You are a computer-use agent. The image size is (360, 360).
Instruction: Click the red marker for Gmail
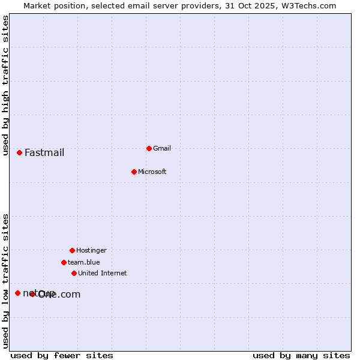(x=149, y=148)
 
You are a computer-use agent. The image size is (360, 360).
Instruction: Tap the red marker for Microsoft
(x=134, y=172)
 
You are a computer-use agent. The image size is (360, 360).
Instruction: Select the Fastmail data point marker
(x=19, y=152)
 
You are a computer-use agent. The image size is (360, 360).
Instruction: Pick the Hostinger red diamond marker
(x=72, y=250)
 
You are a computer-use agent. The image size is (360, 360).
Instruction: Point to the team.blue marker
(x=64, y=262)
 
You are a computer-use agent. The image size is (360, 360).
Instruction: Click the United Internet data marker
(x=74, y=273)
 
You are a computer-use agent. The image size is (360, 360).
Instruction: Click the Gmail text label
(x=162, y=148)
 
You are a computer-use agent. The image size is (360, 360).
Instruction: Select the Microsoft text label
(x=152, y=172)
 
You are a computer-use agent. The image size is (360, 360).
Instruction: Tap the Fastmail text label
(x=44, y=152)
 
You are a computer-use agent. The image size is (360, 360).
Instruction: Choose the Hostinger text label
(x=91, y=250)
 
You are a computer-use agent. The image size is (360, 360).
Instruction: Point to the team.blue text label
(x=84, y=262)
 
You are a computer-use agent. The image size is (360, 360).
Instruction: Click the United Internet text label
(x=103, y=273)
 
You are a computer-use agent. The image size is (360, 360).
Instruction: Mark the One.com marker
(x=32, y=294)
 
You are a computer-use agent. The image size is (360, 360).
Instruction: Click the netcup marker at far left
(x=17, y=293)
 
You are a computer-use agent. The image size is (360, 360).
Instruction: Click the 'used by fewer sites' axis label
(x=62, y=355)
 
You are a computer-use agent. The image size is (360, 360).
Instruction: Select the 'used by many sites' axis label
(x=301, y=355)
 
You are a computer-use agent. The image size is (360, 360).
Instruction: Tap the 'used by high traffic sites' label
(x=6, y=85)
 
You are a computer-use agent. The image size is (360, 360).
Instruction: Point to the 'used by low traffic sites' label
(x=6, y=280)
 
